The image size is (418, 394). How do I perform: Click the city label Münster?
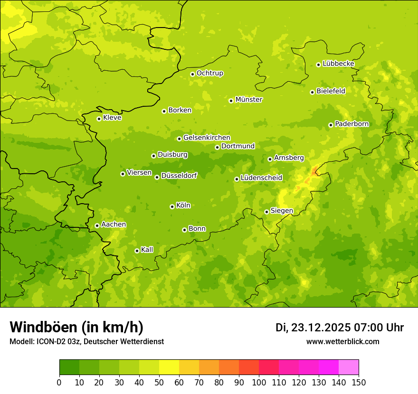click(249, 100)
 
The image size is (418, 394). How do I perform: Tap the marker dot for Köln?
click(172, 206)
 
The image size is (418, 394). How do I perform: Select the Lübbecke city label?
click(339, 64)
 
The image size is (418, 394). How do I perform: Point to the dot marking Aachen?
click(97, 225)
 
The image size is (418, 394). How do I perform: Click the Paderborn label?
click(352, 124)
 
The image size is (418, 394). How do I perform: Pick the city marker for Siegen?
click(266, 212)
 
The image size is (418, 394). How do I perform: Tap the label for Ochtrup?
click(210, 73)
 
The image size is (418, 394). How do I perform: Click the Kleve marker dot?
click(99, 119)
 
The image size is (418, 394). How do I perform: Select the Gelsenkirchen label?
click(207, 138)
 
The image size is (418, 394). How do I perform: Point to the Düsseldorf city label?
click(179, 176)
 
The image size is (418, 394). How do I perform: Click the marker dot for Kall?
click(137, 251)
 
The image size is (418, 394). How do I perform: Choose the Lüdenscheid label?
click(261, 178)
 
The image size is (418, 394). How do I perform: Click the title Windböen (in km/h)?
click(76, 327)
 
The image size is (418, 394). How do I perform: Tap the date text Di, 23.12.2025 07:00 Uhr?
click(340, 328)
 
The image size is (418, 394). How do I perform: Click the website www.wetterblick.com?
click(343, 342)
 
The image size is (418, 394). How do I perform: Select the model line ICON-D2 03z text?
click(86, 342)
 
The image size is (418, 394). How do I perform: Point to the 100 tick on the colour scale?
click(259, 382)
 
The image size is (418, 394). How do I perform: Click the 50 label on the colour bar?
click(159, 382)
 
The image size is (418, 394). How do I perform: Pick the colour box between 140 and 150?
click(349, 367)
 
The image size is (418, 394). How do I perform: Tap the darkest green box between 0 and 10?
click(69, 367)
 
